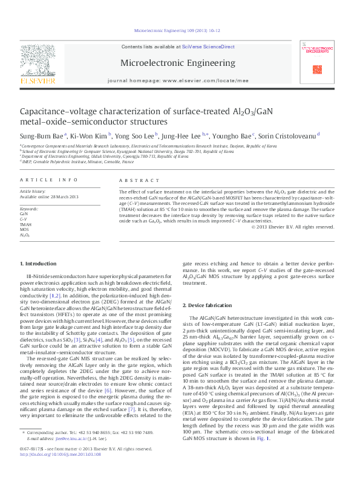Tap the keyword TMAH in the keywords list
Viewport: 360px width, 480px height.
click(25, 224)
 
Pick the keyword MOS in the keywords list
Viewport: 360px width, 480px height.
click(24, 229)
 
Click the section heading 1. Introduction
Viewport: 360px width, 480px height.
click(39, 263)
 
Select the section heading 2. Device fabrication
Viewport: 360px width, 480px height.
click(211, 305)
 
